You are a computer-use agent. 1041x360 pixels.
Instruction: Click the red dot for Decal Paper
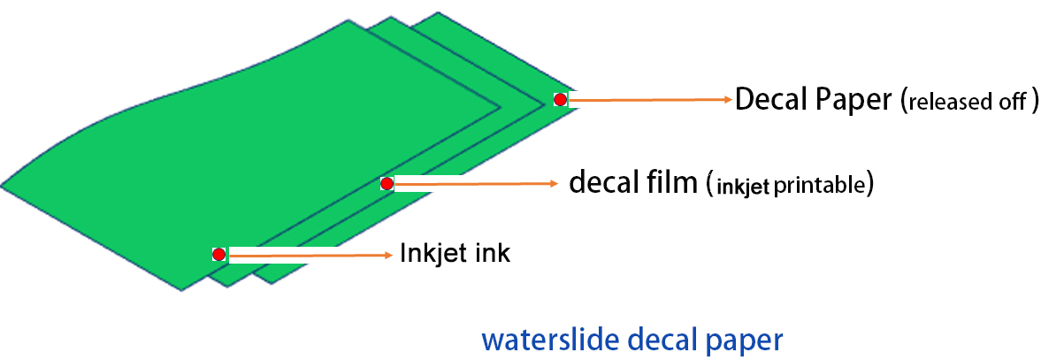coord(560,100)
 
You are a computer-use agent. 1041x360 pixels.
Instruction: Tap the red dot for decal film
coord(387,184)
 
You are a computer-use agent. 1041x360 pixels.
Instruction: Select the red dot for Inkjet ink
coord(218,255)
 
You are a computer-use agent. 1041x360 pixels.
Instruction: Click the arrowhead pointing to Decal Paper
coord(727,100)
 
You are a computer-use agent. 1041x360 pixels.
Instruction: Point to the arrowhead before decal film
coord(555,184)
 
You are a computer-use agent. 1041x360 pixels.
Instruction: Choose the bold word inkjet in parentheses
coord(742,186)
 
